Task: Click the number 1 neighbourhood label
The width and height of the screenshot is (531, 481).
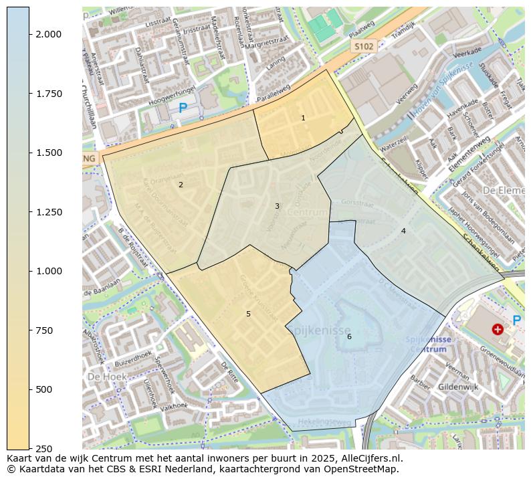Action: click(x=303, y=118)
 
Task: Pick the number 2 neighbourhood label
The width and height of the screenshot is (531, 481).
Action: click(x=181, y=185)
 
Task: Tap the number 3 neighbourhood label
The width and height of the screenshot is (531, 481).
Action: click(x=277, y=206)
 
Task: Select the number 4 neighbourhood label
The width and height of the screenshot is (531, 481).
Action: click(x=403, y=231)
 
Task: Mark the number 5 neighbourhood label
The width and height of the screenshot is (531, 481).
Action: click(x=248, y=314)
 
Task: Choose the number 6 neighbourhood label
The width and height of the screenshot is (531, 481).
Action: click(x=349, y=336)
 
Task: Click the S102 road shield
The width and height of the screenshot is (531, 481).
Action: click(x=364, y=46)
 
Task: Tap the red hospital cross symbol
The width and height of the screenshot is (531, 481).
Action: click(x=498, y=329)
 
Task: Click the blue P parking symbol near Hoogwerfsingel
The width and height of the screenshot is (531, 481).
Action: click(x=183, y=108)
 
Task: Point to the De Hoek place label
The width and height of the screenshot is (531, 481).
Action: click(x=102, y=377)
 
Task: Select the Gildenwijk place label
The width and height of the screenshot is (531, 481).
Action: click(x=459, y=387)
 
